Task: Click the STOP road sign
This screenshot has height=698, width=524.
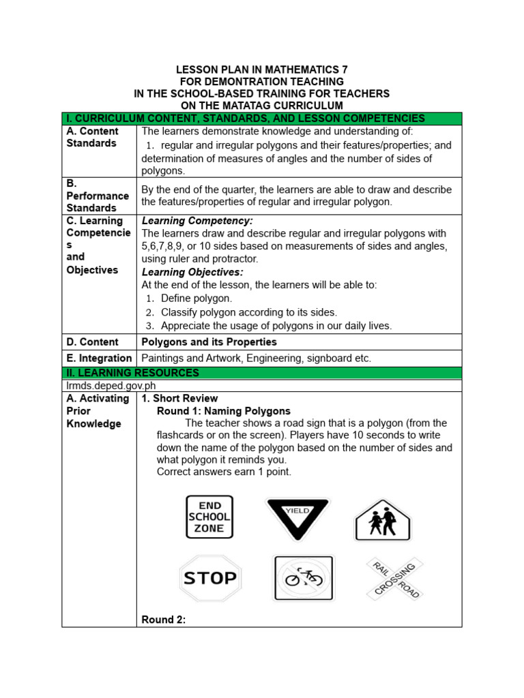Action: click(210, 579)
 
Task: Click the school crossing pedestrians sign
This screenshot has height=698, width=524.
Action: click(382, 520)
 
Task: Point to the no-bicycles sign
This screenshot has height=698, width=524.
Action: click(304, 578)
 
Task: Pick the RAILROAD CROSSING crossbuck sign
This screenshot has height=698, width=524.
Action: click(395, 578)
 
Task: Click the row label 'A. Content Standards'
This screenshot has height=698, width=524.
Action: click(93, 137)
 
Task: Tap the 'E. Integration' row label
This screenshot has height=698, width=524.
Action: click(99, 359)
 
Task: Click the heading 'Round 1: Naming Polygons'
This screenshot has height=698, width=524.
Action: click(224, 411)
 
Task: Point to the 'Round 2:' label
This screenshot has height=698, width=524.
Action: click(164, 620)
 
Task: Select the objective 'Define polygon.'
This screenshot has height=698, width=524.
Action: click(196, 299)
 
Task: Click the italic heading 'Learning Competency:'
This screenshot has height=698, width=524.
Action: click(197, 221)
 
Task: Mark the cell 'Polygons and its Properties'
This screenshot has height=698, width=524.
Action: click(209, 342)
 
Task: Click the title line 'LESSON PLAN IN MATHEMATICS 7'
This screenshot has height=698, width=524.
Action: click(261, 70)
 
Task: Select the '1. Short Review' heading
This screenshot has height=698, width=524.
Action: click(179, 398)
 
